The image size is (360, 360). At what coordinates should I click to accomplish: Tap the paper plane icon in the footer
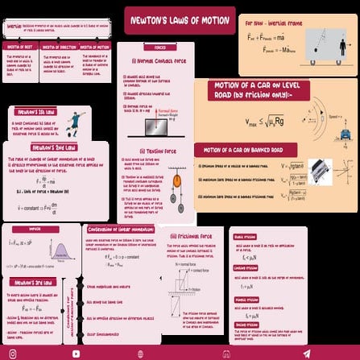pos(306,353)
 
